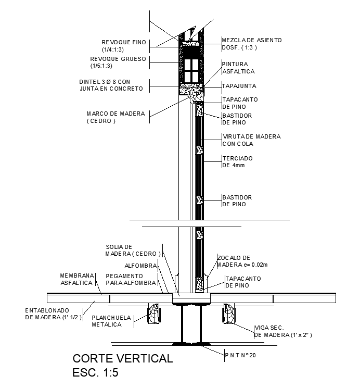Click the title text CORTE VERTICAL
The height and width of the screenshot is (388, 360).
coord(123,358)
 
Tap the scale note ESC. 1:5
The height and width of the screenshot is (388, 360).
coord(95,373)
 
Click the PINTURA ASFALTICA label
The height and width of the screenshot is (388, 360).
coord(239,68)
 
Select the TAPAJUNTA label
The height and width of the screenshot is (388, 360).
coord(239,86)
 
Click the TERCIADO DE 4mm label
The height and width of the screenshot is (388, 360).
coord(237,161)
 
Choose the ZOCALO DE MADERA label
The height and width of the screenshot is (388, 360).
coord(242,261)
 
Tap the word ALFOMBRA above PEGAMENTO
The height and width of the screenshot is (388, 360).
coord(140,266)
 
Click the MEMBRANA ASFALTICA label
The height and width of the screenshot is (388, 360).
coord(77,279)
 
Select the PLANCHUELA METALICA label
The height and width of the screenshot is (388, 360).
coord(111,321)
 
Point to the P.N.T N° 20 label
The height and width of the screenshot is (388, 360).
coord(240,355)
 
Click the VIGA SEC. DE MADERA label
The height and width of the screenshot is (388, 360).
coord(283,331)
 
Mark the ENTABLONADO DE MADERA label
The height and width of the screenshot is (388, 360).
coord(54,314)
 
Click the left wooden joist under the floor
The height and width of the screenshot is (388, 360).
coord(153,314)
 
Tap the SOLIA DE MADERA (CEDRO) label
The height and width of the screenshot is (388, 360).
coord(133,250)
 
